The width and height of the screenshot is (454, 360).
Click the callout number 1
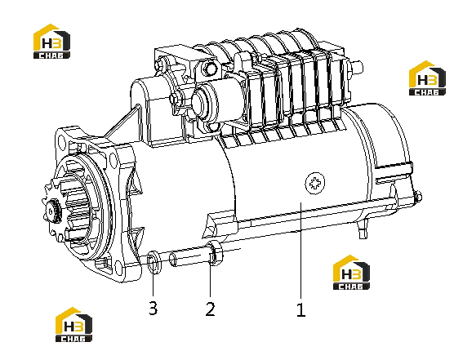tap(300, 309)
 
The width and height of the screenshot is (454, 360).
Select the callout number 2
tap(210, 309)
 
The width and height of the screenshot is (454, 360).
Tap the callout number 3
tap(154, 308)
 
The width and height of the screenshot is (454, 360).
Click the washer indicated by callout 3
tap(154, 263)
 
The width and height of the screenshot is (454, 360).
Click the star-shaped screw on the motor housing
tap(315, 184)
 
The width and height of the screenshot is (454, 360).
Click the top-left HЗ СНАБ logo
tap(51, 41)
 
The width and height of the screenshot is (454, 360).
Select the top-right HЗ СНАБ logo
tap(427, 78)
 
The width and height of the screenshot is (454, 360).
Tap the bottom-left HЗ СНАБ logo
tap(73, 325)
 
